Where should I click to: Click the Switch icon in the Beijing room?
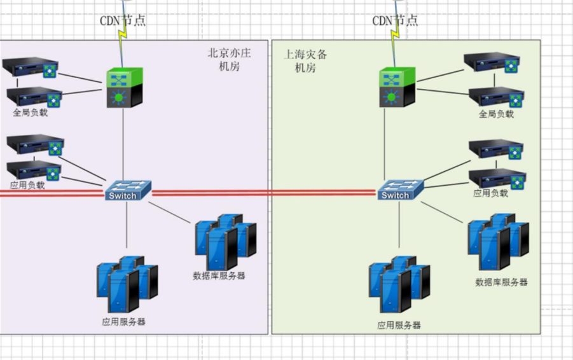tap(128, 190)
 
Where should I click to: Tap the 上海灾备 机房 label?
tap(305, 61)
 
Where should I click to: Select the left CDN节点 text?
tap(123, 20)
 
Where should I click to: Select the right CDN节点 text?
tap(395, 20)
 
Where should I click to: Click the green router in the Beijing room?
tap(124, 88)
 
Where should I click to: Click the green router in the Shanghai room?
tap(397, 88)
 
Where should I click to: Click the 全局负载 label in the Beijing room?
tap(30, 113)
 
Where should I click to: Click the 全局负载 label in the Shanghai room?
tap(496, 114)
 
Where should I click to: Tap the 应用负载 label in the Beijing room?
tap(27, 185)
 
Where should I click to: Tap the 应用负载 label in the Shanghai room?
tap(490, 193)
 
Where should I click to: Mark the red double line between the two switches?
tap(264, 192)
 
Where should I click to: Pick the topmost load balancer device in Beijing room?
tap(31, 67)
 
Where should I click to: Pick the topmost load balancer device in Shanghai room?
tap(492, 62)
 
